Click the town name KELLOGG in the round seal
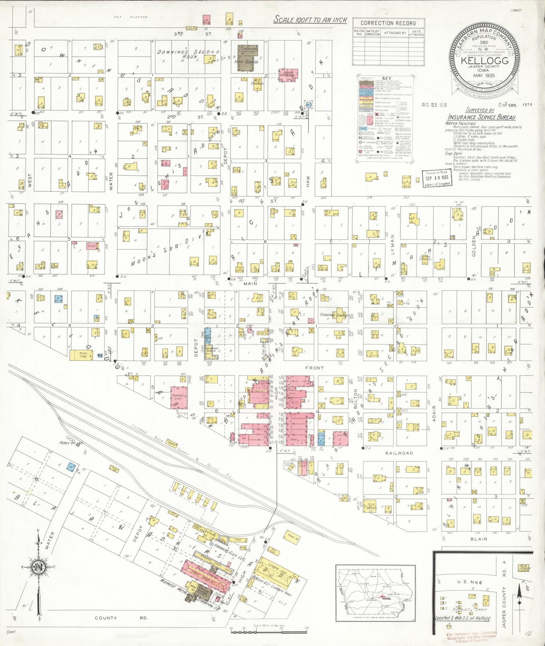coord(484,61)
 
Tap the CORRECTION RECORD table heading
coord(388,23)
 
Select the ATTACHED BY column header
coord(395,33)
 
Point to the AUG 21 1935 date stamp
coord(434,105)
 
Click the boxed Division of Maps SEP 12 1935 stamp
coord(437,178)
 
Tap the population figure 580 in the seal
coord(484,43)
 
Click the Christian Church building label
coord(333,315)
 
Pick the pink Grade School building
coord(288,74)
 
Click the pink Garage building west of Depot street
coord(179,397)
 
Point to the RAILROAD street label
coord(399,453)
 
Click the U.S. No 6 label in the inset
coord(468,582)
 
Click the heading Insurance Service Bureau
coord(481,117)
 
